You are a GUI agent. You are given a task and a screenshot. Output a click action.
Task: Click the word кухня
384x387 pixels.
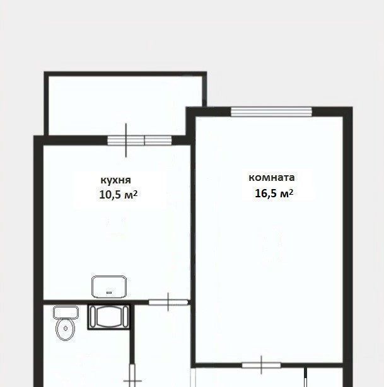point(115,180)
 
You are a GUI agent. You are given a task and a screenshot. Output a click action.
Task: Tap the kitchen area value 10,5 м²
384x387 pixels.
point(119,195)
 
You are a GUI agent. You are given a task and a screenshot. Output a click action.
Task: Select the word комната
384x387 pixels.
point(272,178)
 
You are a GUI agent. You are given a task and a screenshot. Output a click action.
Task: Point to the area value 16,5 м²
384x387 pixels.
point(274,193)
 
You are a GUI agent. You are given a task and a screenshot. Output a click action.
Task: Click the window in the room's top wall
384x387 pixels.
point(271,112)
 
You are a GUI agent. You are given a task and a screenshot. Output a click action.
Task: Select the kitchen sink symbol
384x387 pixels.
point(109,287)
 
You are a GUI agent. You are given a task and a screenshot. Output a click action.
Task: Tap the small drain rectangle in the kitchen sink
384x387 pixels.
point(109,292)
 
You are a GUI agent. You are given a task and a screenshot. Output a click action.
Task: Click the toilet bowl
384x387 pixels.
point(66,329)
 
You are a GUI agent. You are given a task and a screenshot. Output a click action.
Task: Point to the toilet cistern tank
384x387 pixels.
point(66,312)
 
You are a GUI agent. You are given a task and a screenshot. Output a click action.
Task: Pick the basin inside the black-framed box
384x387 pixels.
point(109,316)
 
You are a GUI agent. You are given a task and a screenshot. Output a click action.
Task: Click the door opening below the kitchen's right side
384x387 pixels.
point(168,303)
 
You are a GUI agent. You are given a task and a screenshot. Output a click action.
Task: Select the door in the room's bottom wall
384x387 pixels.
point(261,365)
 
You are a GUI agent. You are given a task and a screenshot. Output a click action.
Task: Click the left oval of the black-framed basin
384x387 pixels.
point(93,316)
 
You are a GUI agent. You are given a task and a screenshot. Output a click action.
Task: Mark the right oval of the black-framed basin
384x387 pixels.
point(125,316)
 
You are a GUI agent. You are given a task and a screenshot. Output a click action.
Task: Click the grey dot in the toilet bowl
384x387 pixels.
point(66,328)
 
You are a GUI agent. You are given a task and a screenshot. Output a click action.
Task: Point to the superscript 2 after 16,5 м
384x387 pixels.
point(291,192)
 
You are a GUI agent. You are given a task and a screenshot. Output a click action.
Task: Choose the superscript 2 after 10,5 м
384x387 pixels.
point(136,193)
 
